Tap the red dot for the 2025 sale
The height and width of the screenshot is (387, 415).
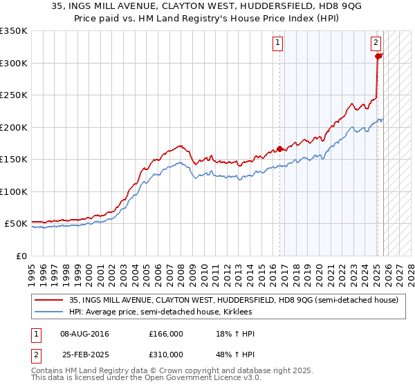pos(378,57)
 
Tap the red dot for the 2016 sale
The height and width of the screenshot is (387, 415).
pos(280,149)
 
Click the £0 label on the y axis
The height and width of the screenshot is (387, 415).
pos(21,256)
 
